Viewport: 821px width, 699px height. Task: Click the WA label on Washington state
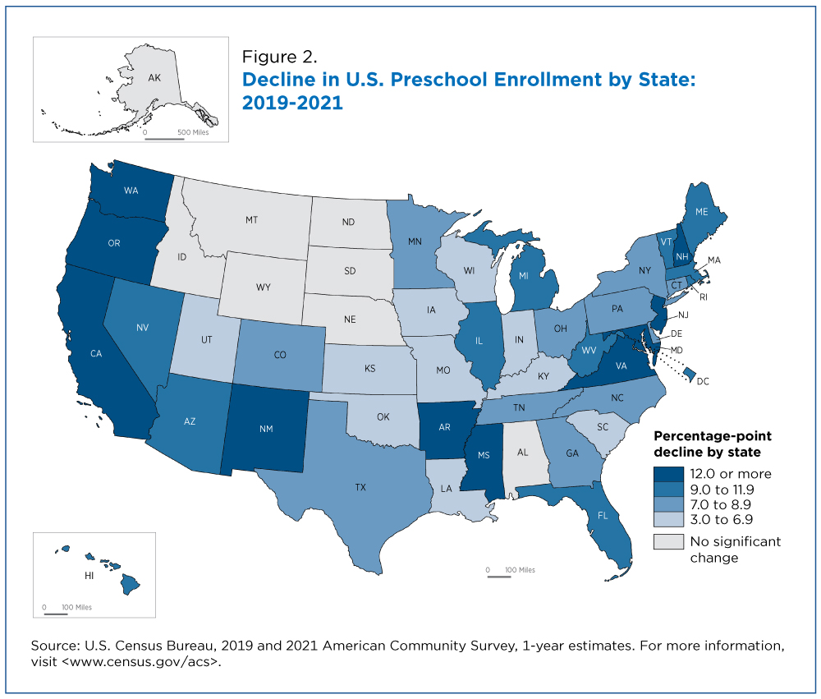point(131,191)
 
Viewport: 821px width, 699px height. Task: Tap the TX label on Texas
point(360,487)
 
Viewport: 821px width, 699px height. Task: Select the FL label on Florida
point(603,516)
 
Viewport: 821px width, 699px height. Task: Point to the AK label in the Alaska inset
point(154,77)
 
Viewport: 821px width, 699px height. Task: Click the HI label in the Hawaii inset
point(89,575)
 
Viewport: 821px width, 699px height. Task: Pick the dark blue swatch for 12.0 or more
point(668,474)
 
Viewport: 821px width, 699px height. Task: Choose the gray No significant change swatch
point(668,541)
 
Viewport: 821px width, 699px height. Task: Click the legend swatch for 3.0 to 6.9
point(668,519)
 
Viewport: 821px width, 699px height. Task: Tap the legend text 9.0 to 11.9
point(722,490)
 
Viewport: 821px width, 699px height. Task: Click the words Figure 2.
point(280,57)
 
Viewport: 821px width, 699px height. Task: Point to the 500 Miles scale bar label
point(193,132)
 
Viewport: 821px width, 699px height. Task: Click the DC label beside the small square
point(703,381)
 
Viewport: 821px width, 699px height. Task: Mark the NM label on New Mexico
point(266,429)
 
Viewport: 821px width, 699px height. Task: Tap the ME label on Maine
point(702,212)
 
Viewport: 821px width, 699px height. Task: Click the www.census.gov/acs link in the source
point(141,662)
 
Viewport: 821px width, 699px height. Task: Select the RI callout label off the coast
point(704,297)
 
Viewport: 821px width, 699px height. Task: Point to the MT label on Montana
point(252,220)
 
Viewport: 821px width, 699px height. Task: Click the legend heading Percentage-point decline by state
point(713,444)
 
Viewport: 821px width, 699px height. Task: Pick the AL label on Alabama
point(522,453)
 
